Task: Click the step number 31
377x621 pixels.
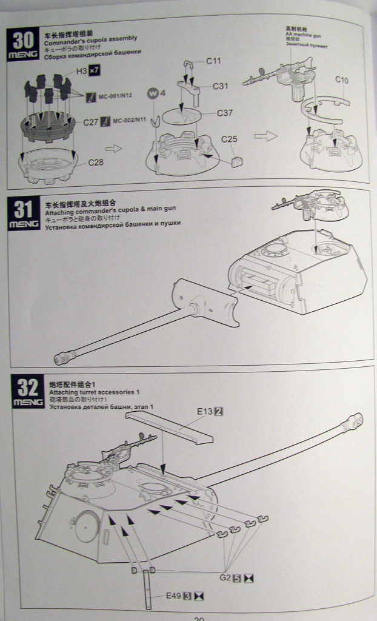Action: [x=23, y=209]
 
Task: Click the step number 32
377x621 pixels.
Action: [x=26, y=387]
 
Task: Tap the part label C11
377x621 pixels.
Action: [x=213, y=61]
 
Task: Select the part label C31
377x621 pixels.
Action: [x=220, y=86]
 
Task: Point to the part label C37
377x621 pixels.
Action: [x=225, y=113]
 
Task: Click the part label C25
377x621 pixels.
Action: [x=229, y=139]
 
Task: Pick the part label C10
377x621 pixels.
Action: [x=342, y=80]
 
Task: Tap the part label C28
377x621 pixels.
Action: [x=96, y=162]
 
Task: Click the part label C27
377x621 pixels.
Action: [x=90, y=121]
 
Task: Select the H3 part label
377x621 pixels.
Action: [x=81, y=71]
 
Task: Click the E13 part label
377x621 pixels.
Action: [x=205, y=411]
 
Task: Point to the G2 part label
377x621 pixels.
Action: [x=225, y=577]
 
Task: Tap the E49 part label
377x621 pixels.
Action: [x=174, y=596]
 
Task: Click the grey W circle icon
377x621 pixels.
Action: [x=153, y=93]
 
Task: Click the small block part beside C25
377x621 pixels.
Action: [x=237, y=161]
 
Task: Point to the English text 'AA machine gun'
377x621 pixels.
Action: [x=297, y=36]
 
